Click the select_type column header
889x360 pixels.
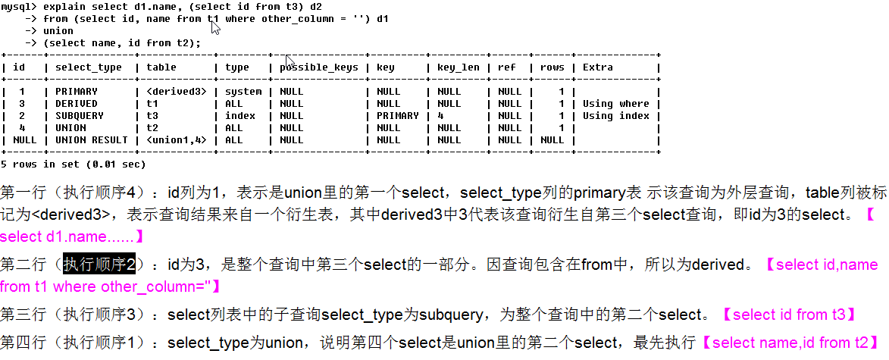(89, 67)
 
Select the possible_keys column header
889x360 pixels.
(318, 67)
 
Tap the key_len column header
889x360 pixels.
(459, 67)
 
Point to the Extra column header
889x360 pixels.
(598, 67)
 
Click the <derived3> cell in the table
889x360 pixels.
(177, 92)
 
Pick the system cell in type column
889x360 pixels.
(243, 92)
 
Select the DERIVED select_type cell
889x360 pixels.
(77, 104)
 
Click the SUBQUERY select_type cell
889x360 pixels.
(80, 116)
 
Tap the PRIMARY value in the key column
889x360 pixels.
(398, 116)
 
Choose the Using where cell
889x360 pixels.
(616, 104)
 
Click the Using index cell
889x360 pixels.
(616, 116)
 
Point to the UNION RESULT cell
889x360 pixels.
(92, 140)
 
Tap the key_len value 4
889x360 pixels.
(440, 116)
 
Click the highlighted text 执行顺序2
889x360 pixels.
(99, 265)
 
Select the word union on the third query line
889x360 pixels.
(58, 31)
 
